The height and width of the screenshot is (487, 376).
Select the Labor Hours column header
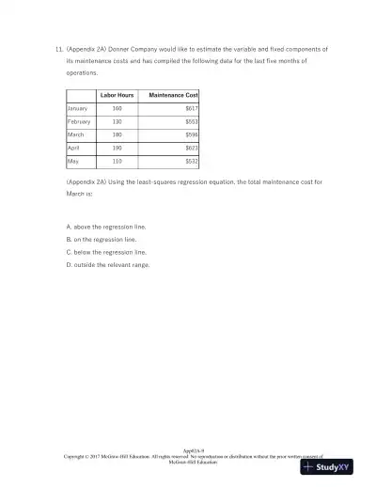[117, 96]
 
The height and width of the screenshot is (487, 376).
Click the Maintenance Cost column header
[173, 96]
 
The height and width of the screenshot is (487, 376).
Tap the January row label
[78, 109]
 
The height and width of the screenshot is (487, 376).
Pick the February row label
[79, 122]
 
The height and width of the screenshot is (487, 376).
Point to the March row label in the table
[76, 135]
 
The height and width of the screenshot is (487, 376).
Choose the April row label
[74, 149]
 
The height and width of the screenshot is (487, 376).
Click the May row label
[73, 162]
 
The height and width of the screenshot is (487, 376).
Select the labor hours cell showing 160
[117, 109]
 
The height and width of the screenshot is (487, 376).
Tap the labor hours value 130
[117, 122]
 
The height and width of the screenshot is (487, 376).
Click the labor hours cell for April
[117, 149]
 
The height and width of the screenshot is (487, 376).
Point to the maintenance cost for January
[191, 109]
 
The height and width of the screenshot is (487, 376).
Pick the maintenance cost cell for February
[191, 122]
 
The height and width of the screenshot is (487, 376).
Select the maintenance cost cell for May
[191, 162]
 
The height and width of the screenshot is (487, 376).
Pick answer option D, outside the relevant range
[108, 264]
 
